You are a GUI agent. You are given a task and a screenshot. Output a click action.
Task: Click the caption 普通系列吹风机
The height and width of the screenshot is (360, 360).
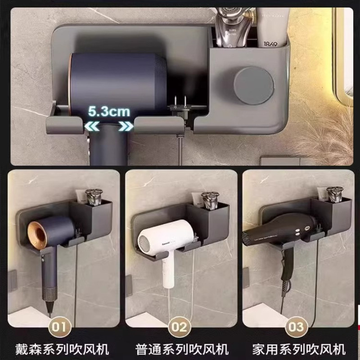(180, 349)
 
